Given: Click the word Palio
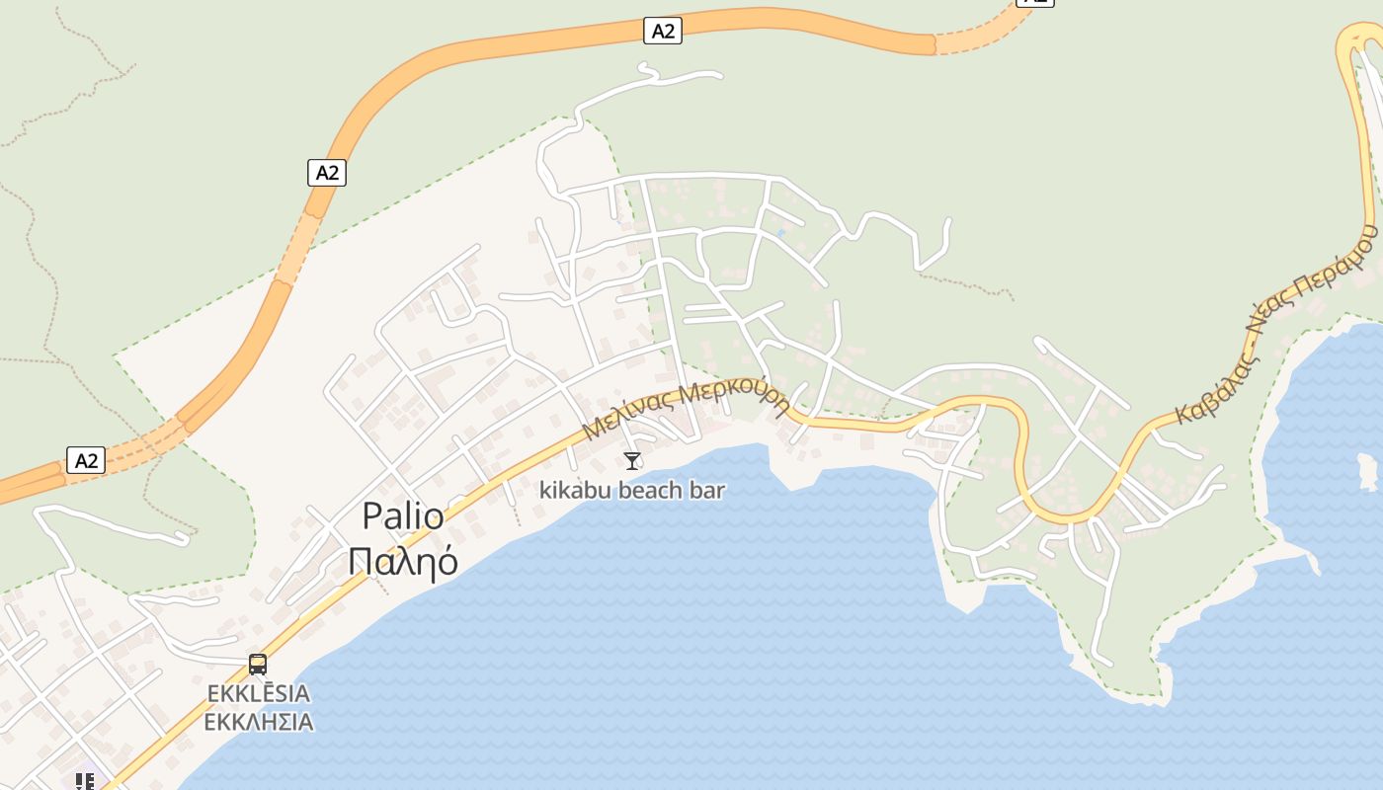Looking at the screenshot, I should coord(403,515).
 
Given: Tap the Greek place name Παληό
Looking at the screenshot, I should coord(403,560).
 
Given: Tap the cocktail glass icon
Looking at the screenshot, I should coord(632,460).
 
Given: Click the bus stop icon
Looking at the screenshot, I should coord(258,664).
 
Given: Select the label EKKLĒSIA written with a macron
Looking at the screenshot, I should coord(259,694).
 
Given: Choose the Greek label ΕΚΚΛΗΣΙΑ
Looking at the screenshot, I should coord(259,722).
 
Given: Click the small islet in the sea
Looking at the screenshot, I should coord(1368,471).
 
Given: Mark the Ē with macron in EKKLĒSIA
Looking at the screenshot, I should coord(261,693).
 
